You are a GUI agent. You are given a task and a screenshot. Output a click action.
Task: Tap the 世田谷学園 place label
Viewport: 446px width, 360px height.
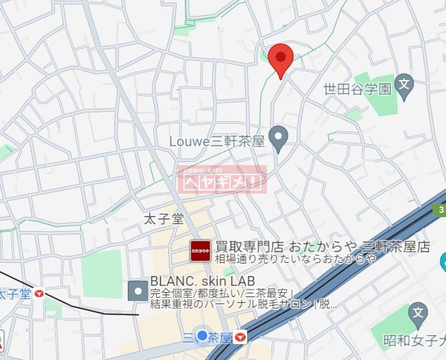coord(357,88)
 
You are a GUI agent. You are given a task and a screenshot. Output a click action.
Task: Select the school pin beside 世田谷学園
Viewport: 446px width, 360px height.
coord(404,84)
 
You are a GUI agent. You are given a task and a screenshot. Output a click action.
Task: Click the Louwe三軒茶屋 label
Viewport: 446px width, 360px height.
coord(217,141)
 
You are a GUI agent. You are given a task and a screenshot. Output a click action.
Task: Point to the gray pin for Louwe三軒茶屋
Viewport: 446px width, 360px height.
coord(278,137)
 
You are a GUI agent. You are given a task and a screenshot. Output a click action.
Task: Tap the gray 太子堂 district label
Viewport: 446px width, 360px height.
coord(163,220)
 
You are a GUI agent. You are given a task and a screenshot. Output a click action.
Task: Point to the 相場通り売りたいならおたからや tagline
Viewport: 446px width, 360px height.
coord(295,258)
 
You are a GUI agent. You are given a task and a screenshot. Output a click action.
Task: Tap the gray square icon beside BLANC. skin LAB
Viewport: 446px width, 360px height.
coord(138,291)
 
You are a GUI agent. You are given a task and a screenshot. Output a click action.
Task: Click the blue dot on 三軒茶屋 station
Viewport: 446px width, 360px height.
coord(203,335)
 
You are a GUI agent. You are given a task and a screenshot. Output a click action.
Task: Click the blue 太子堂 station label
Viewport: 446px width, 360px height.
coord(15,294)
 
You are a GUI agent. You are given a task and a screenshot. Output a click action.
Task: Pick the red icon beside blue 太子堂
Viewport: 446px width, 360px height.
coord(40,294)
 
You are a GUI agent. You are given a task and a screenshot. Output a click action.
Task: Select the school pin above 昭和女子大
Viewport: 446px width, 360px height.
coord(417,312)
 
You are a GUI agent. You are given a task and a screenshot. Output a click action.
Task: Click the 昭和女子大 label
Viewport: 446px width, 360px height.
coord(414,341)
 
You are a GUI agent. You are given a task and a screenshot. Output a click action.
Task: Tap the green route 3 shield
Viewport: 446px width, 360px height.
coord(440,210)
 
